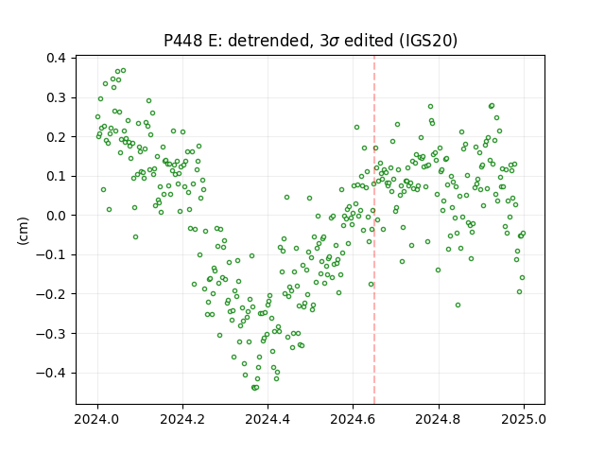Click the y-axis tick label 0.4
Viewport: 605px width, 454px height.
pyautogui.click(x=56, y=59)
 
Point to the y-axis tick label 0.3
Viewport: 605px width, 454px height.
pyautogui.click(x=56, y=97)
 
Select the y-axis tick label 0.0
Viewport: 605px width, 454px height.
pyautogui.click(x=56, y=216)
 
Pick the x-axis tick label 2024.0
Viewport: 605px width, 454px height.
pyautogui.click(x=97, y=419)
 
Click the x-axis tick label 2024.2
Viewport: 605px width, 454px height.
pyautogui.click(x=182, y=419)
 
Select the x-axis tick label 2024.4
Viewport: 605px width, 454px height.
pyautogui.click(x=268, y=419)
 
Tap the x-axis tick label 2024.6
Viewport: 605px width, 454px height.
pyautogui.click(x=353, y=419)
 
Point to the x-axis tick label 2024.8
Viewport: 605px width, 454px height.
pyautogui.click(x=439, y=419)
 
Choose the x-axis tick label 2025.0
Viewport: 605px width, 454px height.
pyautogui.click(x=524, y=419)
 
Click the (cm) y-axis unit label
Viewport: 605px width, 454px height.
pyautogui.click(x=23, y=231)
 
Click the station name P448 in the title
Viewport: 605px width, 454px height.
pyautogui.click(x=182, y=41)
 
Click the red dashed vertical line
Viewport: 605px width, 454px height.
pyautogui.click(x=374, y=230)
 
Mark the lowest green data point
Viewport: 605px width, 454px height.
pyautogui.click(x=254, y=388)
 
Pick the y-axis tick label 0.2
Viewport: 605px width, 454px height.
pyautogui.click(x=56, y=137)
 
